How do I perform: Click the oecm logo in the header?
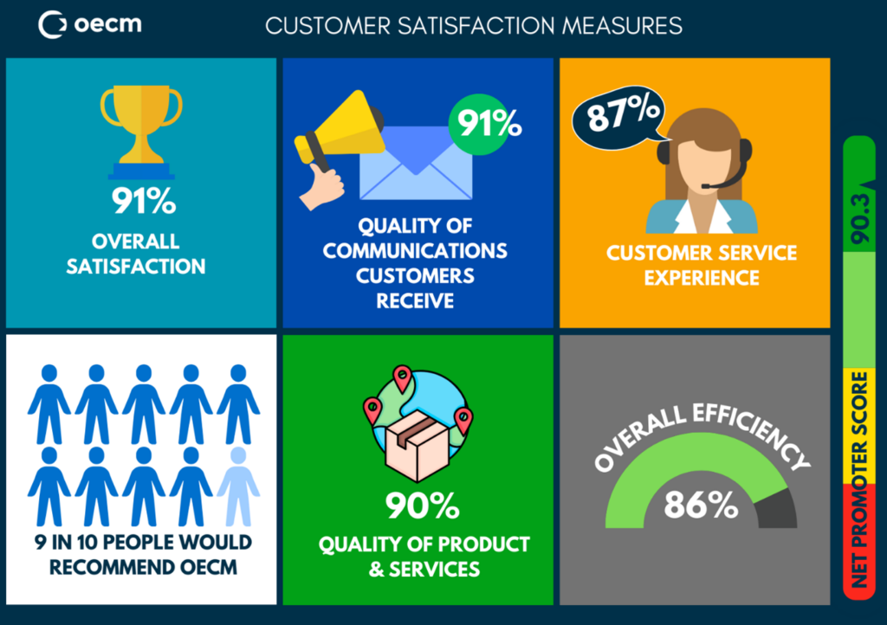(x=90, y=24)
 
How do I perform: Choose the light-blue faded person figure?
(x=238, y=486)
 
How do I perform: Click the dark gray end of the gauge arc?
(x=777, y=510)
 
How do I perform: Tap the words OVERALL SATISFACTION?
(x=136, y=253)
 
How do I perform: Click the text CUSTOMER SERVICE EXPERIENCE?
(x=701, y=265)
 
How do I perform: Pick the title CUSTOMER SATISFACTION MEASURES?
(x=474, y=26)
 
